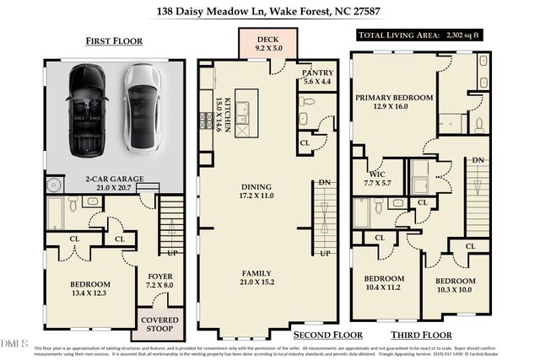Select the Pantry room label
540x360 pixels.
tap(317, 78)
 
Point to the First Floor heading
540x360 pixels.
tap(114, 40)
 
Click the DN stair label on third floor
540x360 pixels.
tap(478, 160)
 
